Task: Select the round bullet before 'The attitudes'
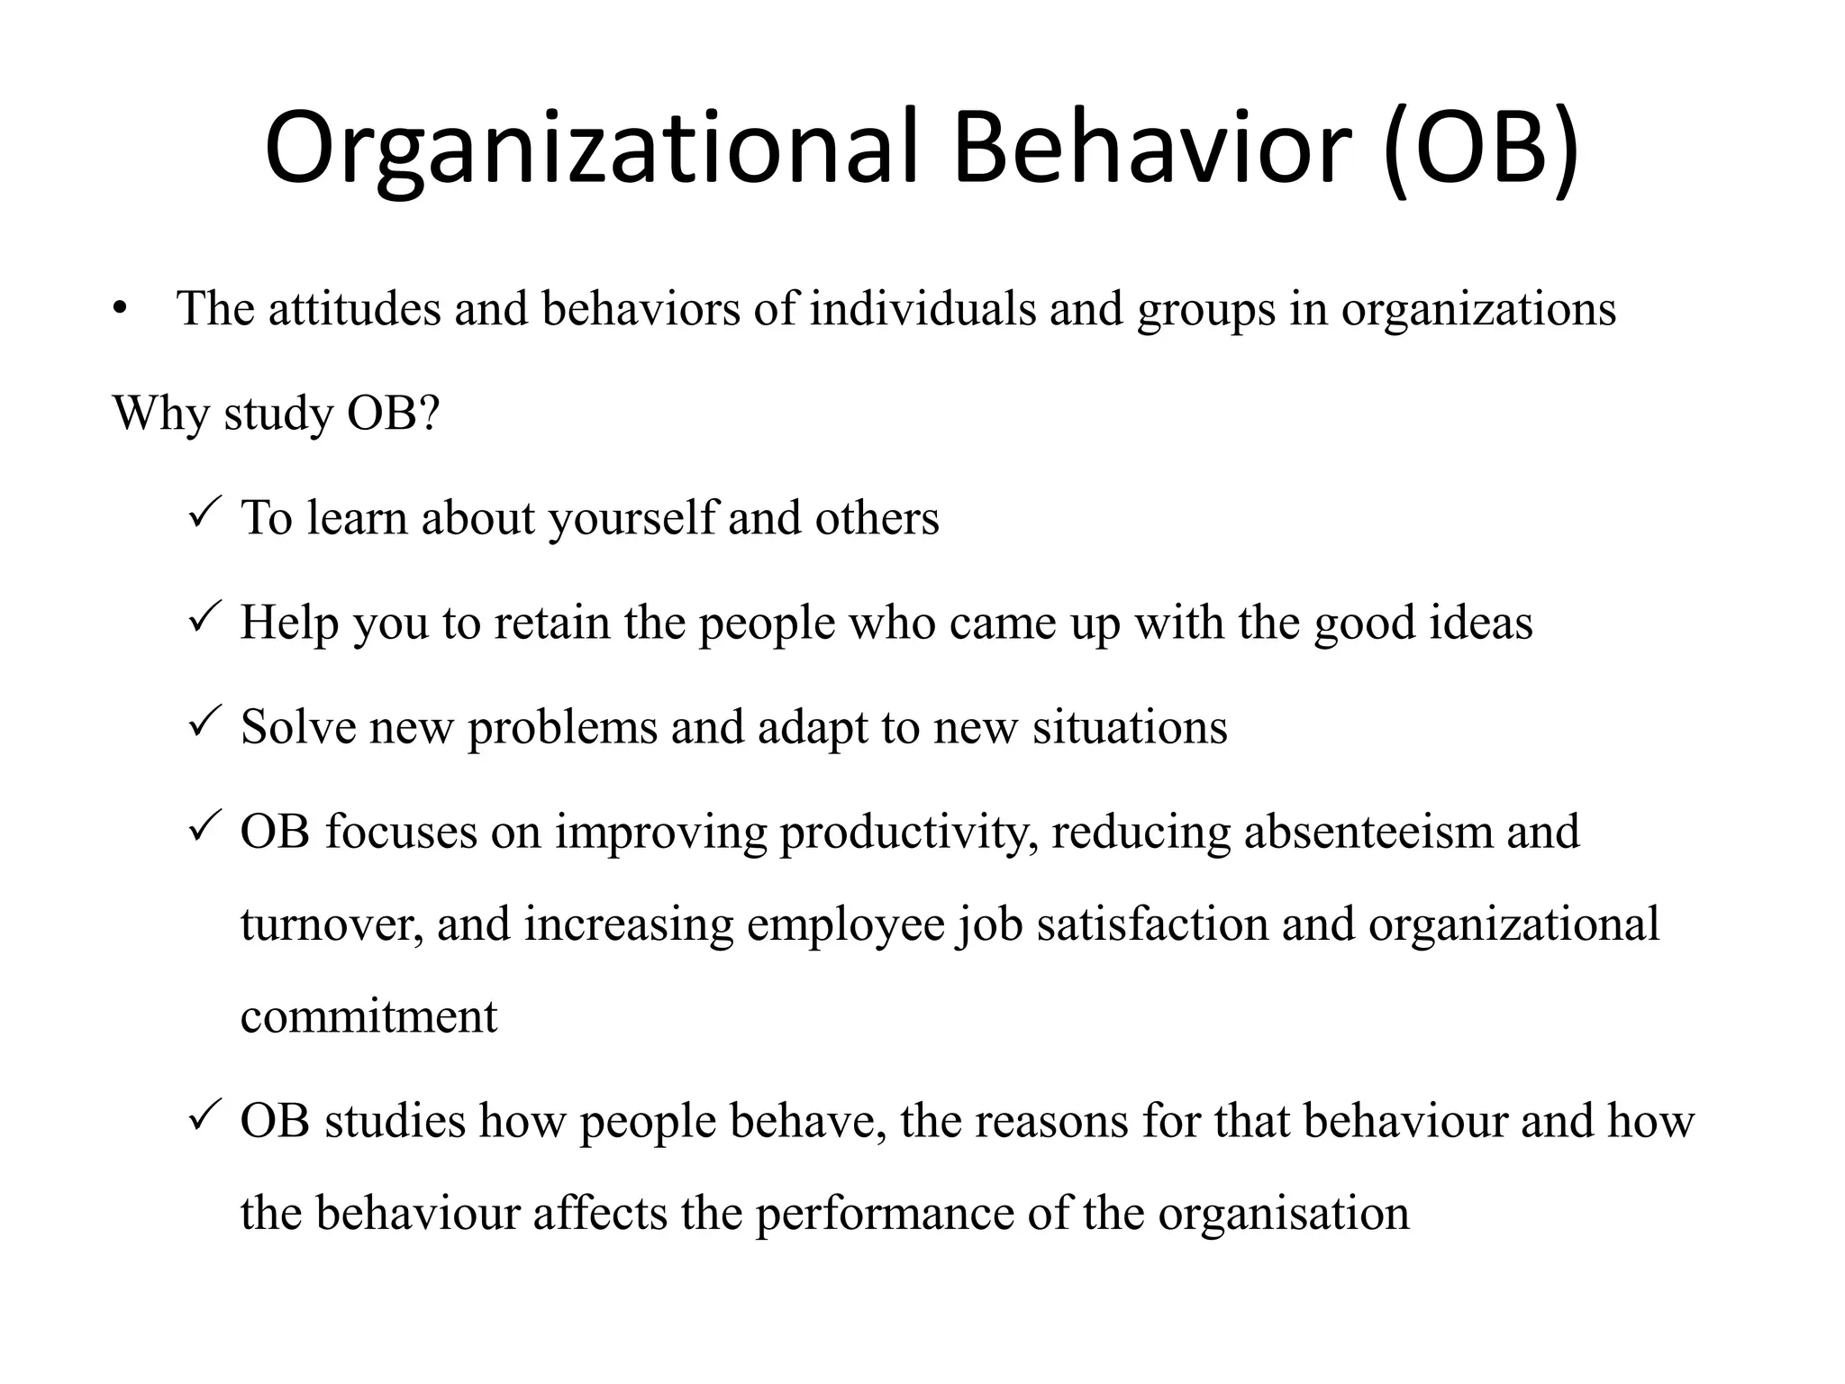tap(122, 310)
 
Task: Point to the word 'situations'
tap(1130, 727)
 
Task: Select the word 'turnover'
tap(330, 925)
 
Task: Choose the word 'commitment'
tap(368, 1017)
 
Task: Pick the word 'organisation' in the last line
tap(1283, 1214)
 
